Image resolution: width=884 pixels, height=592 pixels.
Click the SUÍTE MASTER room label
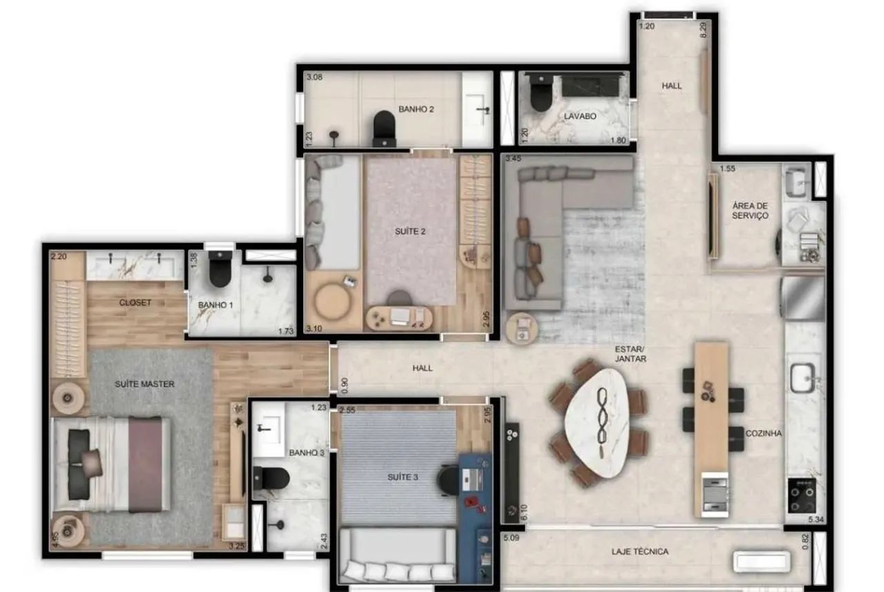144,384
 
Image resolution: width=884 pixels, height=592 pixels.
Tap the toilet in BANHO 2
384,128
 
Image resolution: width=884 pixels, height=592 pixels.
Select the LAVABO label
579,116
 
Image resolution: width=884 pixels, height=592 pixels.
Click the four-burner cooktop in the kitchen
802,496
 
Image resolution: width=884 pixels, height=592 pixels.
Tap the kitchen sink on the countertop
803,378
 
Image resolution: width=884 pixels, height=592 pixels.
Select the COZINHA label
763,433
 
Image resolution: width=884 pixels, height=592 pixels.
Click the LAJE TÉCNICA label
640,551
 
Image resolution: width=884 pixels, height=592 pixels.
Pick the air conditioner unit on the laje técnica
762,561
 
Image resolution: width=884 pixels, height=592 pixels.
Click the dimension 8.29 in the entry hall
703,30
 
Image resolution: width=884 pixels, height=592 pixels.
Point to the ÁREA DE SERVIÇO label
750,211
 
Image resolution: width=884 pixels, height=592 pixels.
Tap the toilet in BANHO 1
220,269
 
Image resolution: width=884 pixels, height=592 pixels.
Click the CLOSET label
135,303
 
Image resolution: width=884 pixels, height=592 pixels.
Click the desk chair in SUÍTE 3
448,480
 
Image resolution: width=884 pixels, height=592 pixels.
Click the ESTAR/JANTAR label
631,354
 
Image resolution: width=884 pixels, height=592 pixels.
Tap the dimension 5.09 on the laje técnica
511,537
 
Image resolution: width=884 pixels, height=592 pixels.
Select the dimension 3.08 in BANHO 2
314,77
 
